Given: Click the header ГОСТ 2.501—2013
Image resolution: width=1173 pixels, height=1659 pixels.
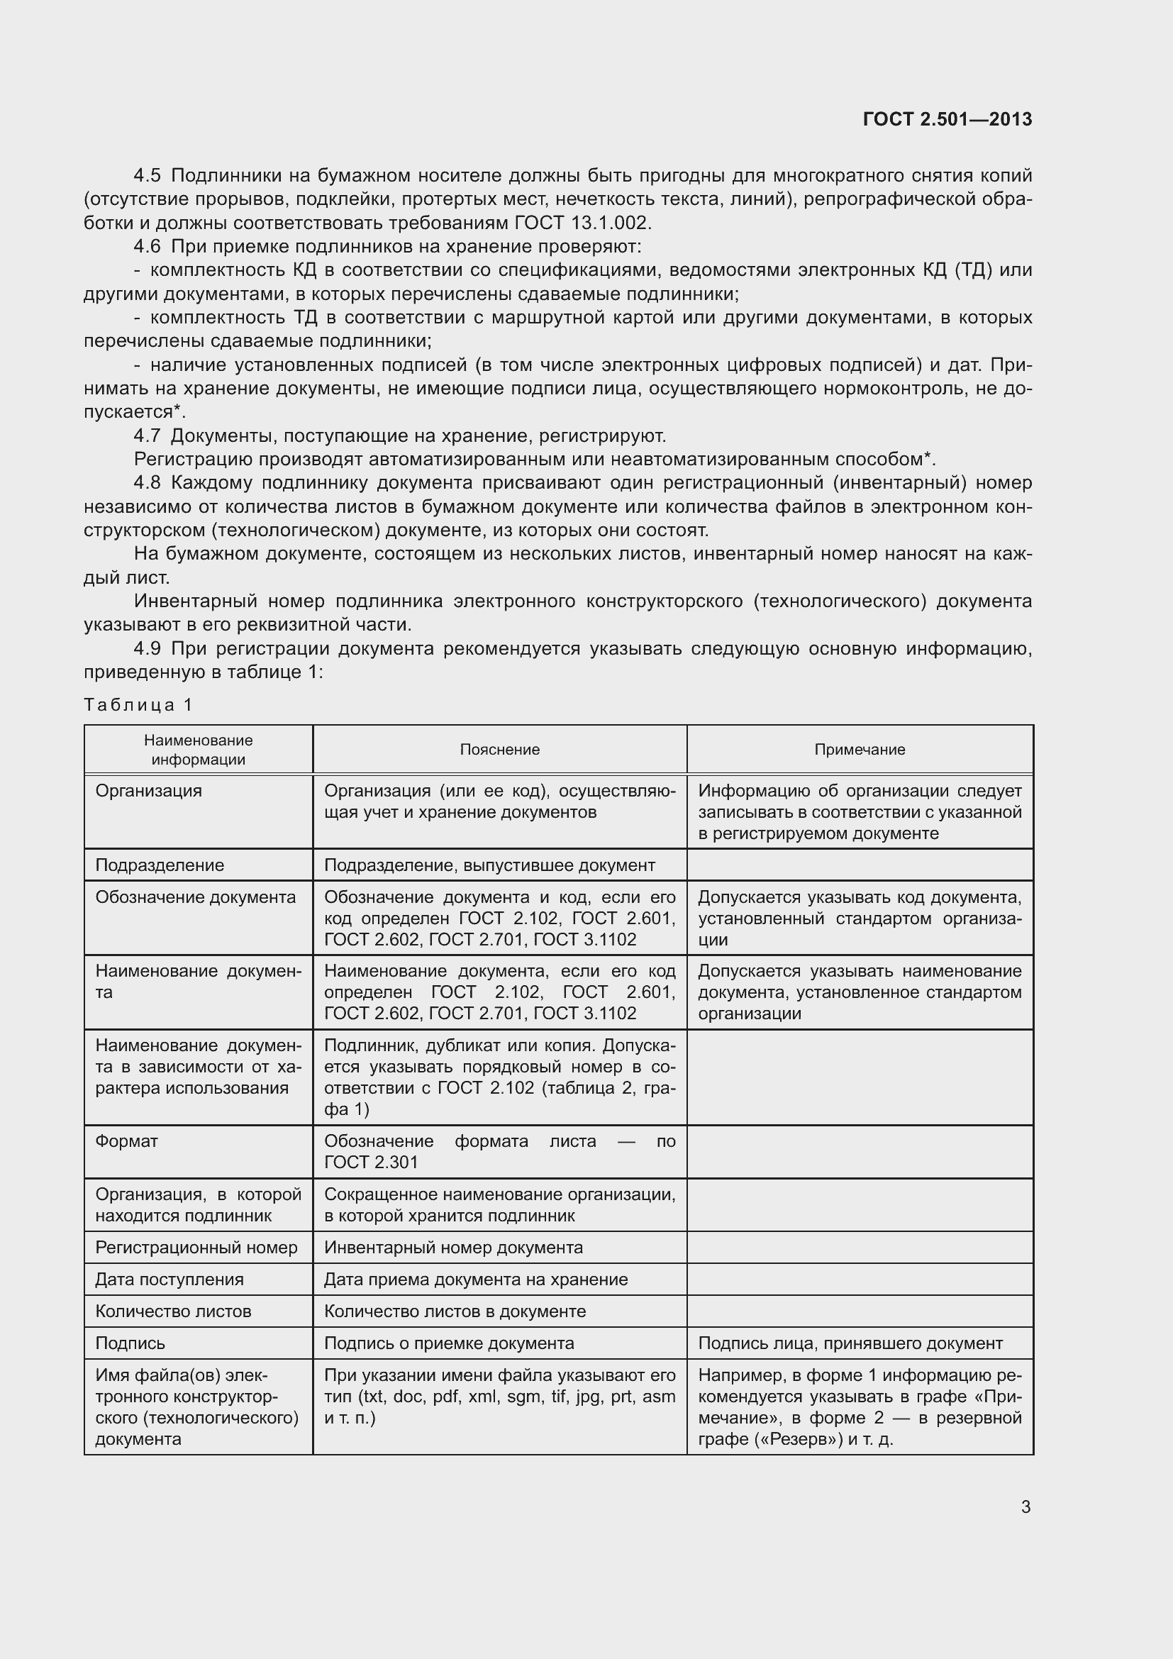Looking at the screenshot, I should pos(947,119).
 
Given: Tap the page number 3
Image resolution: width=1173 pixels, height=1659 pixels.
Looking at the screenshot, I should pos(1025,1507).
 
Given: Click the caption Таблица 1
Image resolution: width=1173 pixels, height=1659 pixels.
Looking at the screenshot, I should pos(138,704).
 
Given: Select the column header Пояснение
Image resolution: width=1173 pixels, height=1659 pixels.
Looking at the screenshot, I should pos(500,749).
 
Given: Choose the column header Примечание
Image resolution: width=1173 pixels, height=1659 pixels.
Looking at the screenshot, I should pos(860,749).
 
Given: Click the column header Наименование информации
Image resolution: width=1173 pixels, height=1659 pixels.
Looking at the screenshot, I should pos(198,749).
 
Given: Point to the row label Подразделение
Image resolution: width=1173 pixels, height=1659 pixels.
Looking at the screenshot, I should pos(160,865).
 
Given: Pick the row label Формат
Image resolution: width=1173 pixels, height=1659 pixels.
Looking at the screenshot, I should pos(126,1141).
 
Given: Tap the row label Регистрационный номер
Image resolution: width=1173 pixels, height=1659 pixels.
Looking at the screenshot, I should pos(196,1247).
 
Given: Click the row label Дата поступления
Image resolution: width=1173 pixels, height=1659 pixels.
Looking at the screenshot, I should pos(169,1279).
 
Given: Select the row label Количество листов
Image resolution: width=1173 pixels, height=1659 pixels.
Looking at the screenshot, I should pos(172,1311).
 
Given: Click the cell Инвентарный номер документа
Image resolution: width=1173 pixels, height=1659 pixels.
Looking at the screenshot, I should pos(453,1247).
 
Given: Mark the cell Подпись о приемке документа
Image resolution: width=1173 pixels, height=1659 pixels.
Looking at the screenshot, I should pos(448,1343).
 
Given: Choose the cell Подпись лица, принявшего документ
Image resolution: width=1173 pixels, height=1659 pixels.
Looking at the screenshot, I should pos(850,1343).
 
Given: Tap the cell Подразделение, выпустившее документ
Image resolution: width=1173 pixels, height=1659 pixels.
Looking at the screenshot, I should pos(489,865).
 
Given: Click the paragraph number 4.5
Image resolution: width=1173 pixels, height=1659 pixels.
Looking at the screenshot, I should pos(147,176).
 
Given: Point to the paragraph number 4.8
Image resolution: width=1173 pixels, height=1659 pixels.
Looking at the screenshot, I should pos(147,483).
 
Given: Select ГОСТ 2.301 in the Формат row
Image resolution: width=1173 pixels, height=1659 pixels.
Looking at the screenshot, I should pos(370,1162).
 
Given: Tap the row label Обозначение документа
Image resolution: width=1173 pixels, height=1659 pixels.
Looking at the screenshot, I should pos(195,897).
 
